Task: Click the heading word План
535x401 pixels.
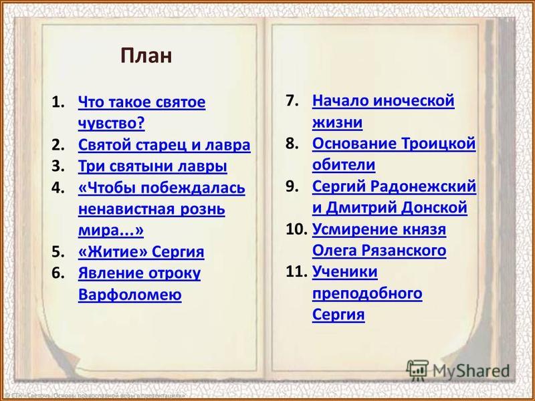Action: [x=146, y=55]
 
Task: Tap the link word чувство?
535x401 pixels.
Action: [x=112, y=123]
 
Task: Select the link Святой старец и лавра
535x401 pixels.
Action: [x=164, y=145]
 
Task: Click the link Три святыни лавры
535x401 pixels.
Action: [x=152, y=166]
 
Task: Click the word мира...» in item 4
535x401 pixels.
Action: [x=111, y=231]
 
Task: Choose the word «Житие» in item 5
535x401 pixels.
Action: [x=112, y=252]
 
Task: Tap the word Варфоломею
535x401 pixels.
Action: [x=130, y=294]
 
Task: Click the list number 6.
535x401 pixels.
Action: [x=58, y=273]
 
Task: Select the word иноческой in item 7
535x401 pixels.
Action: [x=413, y=101]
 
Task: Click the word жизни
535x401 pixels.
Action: [x=337, y=122]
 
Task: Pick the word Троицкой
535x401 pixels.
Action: [x=438, y=144]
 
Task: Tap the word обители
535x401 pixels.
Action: [x=344, y=164]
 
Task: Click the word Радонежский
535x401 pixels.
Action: [x=423, y=186]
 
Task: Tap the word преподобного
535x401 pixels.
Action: [x=367, y=293]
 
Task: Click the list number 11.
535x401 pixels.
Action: [x=295, y=272]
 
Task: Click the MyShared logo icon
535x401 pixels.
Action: [x=417, y=370]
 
